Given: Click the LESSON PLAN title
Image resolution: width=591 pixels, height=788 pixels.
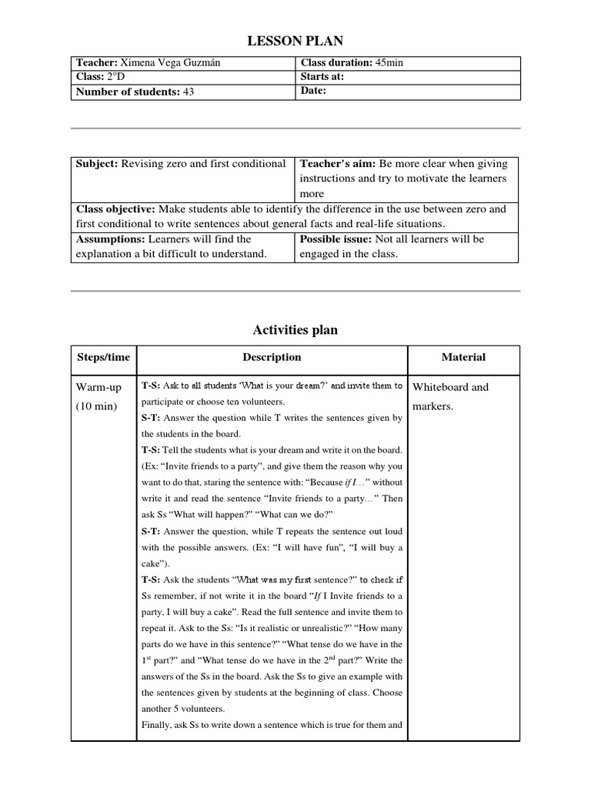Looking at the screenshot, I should (x=295, y=40).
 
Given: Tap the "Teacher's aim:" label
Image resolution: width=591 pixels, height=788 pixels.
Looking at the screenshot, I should (x=336, y=164).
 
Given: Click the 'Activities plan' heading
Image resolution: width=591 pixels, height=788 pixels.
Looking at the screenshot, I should (x=295, y=330).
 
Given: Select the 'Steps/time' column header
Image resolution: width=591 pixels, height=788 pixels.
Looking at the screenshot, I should (x=104, y=357).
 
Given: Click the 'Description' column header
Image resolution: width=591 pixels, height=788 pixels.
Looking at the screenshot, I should (x=272, y=357).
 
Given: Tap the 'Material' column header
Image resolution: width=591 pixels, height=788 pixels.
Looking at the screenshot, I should (x=463, y=357).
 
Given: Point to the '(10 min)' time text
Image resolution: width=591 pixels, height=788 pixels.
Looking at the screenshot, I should (x=96, y=406).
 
